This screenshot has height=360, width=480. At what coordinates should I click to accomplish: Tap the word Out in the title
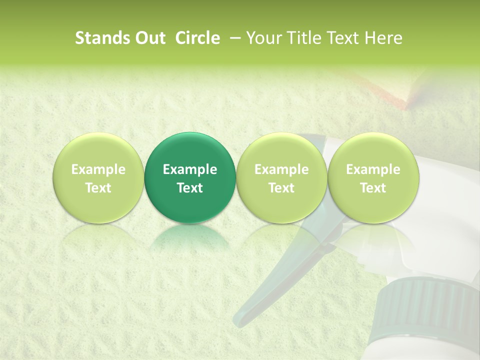tap(149, 38)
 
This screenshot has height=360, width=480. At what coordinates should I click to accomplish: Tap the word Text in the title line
tap(337, 38)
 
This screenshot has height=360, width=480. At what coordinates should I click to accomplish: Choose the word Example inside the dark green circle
tap(190, 169)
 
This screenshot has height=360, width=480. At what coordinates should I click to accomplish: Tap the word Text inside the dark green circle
tap(190, 188)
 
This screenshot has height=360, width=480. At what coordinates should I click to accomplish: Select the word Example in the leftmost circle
tap(98, 169)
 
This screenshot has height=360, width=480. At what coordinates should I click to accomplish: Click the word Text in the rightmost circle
tap(373, 188)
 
